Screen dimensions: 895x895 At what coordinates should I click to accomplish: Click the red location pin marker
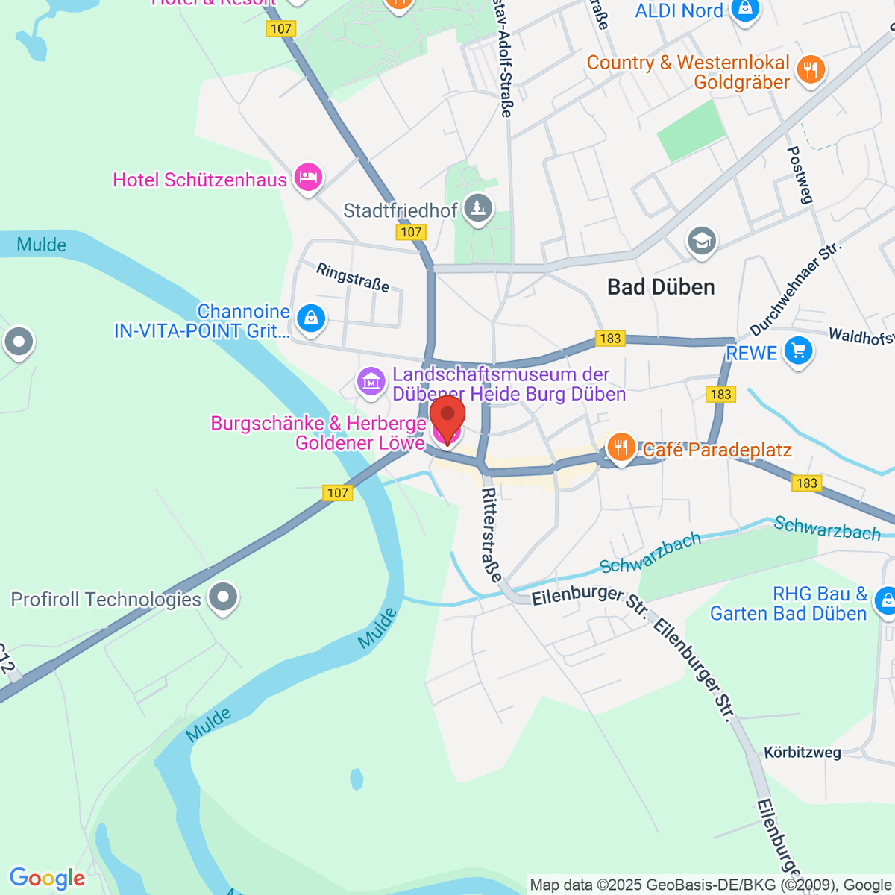[447, 418]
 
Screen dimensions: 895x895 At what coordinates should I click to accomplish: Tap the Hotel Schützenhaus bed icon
[308, 178]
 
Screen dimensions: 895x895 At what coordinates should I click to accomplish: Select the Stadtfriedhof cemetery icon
[478, 208]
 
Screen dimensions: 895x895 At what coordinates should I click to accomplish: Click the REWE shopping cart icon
[798, 350]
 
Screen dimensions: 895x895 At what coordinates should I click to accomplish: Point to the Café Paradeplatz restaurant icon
[621, 447]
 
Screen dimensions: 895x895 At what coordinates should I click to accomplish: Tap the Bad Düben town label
[661, 287]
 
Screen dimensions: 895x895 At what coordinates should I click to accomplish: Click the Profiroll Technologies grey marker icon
[222, 597]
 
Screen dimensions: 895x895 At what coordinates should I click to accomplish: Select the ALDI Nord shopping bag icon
[744, 10]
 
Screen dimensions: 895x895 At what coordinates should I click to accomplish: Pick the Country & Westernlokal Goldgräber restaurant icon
[810, 70]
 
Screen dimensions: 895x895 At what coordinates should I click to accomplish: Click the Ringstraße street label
[353, 277]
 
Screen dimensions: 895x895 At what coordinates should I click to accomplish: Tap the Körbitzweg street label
[803, 753]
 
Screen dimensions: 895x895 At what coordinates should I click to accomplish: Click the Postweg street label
[800, 175]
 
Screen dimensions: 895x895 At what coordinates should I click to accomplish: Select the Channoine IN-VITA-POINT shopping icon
[310, 318]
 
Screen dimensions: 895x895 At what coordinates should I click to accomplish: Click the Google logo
[47, 879]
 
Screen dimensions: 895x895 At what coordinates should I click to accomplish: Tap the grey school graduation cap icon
[702, 240]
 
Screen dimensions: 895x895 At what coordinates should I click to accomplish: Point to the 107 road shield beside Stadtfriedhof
[411, 232]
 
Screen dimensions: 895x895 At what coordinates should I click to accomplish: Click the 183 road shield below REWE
[720, 394]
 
